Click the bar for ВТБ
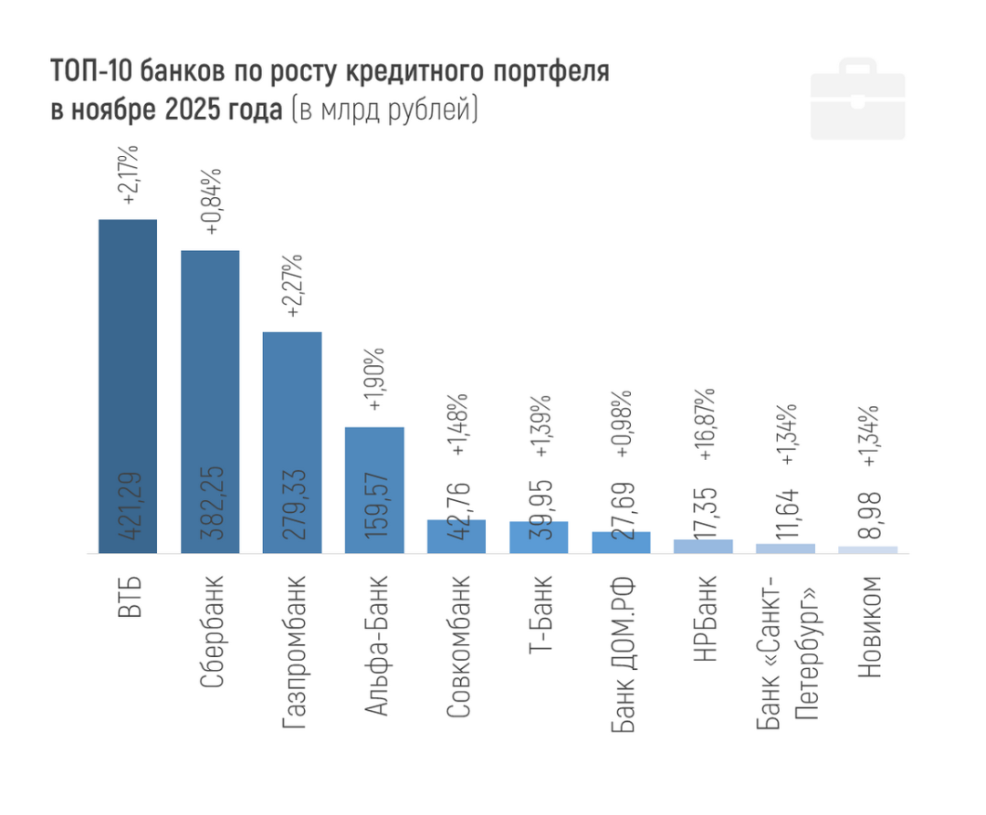[x=128, y=383]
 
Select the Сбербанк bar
[x=210, y=402]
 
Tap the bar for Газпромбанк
[x=292, y=438]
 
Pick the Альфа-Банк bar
[x=374, y=488]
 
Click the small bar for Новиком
[x=867, y=549]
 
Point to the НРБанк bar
[x=703, y=546]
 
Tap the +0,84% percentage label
[x=211, y=202]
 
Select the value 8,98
[x=868, y=514]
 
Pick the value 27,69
[x=622, y=511]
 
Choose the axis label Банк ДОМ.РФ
[x=622, y=653]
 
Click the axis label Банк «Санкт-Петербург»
[x=786, y=653]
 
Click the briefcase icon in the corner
[x=857, y=99]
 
